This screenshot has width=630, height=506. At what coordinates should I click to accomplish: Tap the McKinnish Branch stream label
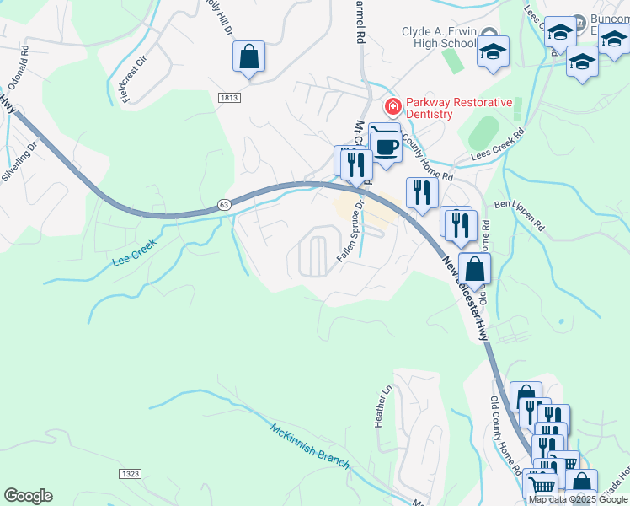(309, 443)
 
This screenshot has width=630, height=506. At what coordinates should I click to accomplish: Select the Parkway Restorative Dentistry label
(459, 108)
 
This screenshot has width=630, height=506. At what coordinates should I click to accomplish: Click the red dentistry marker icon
(392, 107)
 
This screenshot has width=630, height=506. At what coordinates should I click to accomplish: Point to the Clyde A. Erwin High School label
(439, 37)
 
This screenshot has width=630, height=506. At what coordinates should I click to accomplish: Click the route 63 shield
(223, 205)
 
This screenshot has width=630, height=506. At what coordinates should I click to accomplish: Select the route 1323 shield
(130, 475)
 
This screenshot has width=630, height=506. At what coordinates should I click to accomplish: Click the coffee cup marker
(386, 146)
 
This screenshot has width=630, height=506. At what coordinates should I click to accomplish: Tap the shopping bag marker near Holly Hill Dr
(249, 57)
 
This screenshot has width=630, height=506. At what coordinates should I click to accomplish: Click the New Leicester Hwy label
(465, 299)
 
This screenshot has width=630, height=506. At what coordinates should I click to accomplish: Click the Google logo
(28, 496)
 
